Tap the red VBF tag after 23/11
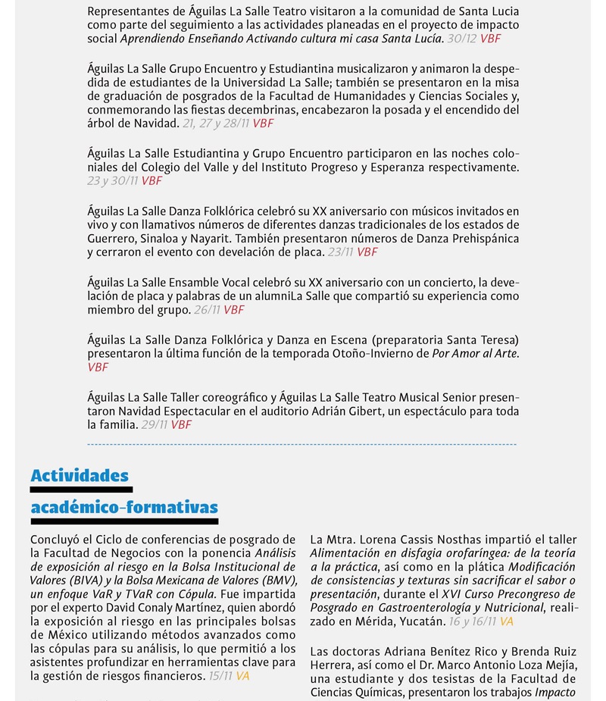[x=367, y=252]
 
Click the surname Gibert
[x=366, y=411]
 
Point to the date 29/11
[x=155, y=424]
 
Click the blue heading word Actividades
[x=80, y=476]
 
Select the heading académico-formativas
[x=124, y=507]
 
